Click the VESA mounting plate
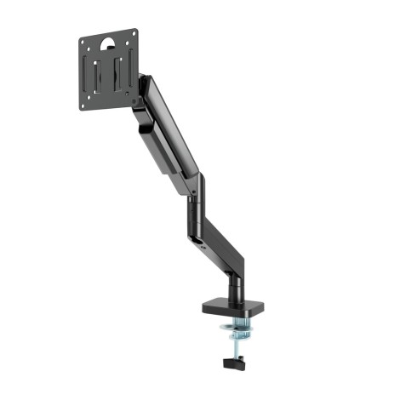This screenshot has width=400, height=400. tap(109, 71)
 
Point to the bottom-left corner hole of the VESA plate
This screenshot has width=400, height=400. tap(86, 106)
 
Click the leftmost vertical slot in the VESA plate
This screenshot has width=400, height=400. tap(96, 75)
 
